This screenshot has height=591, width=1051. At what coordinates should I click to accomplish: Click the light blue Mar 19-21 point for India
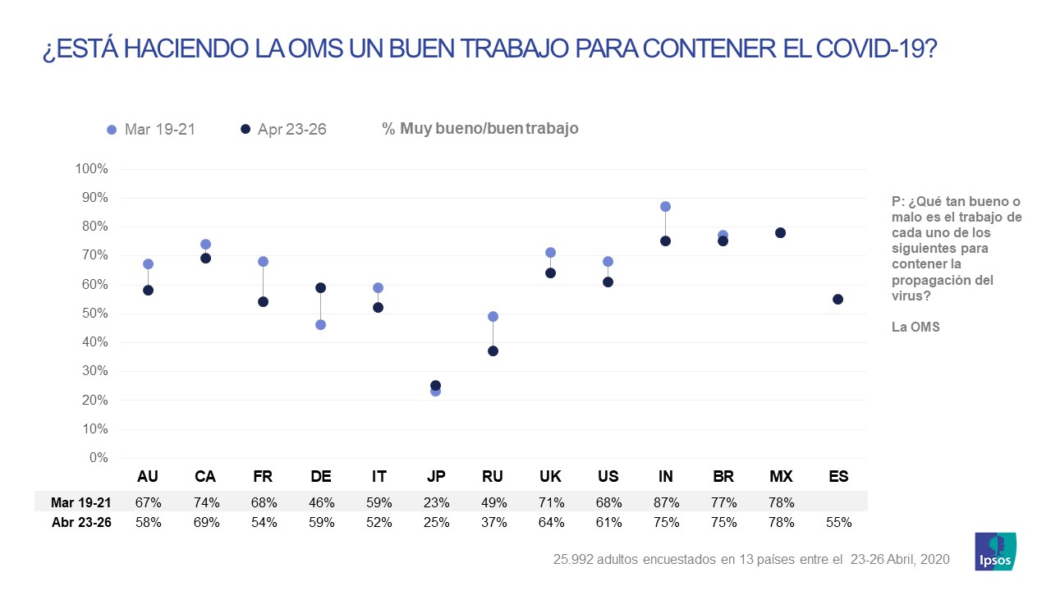point(665,207)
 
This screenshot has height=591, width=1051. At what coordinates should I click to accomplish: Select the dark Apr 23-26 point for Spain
point(838,299)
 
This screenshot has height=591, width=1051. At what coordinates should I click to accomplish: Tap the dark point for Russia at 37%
point(493,351)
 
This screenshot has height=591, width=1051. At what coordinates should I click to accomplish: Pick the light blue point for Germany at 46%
point(320,325)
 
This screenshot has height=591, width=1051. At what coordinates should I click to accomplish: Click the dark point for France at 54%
point(263,301)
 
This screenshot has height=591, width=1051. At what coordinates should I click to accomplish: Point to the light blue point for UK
point(550,253)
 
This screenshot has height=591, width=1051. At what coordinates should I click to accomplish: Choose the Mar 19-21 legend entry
point(151,130)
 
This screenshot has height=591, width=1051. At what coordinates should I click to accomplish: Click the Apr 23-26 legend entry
point(282,130)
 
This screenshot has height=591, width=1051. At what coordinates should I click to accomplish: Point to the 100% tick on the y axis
point(92,169)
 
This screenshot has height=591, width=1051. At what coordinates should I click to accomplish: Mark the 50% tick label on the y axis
point(95,314)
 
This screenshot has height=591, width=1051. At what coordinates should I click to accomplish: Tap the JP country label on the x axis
point(435,476)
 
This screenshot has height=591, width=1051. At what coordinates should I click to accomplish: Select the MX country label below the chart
point(780,476)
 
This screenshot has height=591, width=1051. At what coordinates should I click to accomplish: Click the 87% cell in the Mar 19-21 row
point(665,502)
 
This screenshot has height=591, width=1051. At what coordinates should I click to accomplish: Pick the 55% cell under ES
point(838,522)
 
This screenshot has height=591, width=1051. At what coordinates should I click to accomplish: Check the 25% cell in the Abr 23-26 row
point(435,522)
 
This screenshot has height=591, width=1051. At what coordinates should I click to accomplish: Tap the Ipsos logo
point(994,552)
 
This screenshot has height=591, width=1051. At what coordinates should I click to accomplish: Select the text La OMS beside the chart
point(916,327)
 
